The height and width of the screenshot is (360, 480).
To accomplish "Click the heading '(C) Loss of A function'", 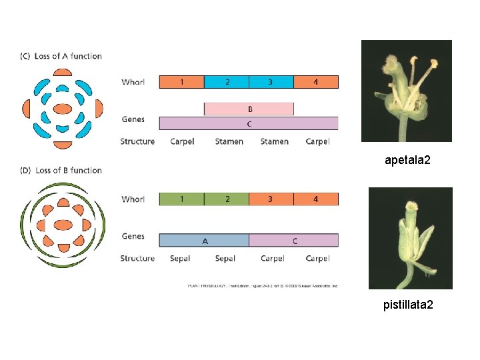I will click(x=61, y=56).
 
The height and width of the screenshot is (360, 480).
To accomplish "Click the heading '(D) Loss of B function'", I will click(x=61, y=170).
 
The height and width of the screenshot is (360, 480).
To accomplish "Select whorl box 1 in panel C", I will click(x=181, y=82).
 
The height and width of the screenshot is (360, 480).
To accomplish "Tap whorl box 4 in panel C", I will click(x=316, y=82).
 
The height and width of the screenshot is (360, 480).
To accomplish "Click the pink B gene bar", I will click(x=249, y=109).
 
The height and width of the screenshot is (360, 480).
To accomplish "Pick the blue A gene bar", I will click(x=204, y=239).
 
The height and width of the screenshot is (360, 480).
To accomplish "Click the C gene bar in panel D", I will click(x=294, y=239).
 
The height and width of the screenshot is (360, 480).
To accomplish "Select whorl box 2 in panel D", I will click(x=227, y=199).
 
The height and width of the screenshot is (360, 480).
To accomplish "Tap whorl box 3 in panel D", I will click(x=271, y=199).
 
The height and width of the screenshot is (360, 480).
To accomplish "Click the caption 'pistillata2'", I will click(x=408, y=305).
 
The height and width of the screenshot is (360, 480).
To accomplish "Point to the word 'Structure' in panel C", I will click(x=137, y=141).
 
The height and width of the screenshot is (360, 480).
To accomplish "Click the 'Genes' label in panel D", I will click(x=133, y=236).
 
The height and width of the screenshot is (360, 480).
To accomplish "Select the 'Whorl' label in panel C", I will click(x=133, y=82).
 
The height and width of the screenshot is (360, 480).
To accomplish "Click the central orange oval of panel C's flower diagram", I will click(x=62, y=108).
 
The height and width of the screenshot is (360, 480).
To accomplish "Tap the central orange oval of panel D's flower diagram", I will click(x=62, y=225).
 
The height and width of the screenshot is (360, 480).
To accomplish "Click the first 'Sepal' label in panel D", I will click(x=180, y=259).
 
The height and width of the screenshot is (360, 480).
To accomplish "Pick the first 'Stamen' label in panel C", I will click(x=229, y=141).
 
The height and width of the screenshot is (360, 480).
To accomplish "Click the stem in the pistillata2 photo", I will click(x=408, y=279).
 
